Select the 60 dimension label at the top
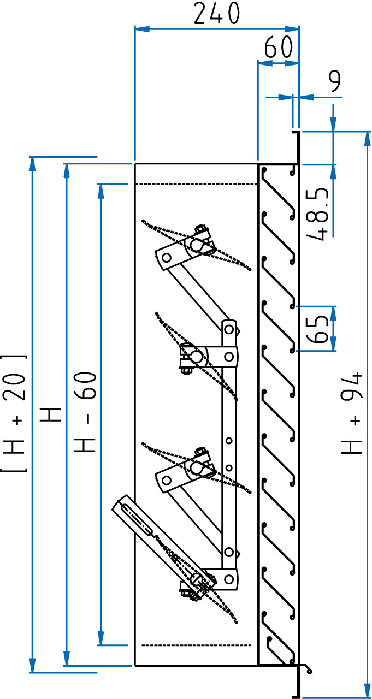pos(279,49)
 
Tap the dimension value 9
pos(334,81)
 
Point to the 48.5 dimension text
pos(318,214)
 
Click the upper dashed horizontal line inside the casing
pos(196,185)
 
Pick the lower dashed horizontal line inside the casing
pos(196,645)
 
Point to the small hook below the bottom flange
pos(308,668)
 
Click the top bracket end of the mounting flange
pos(296,133)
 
